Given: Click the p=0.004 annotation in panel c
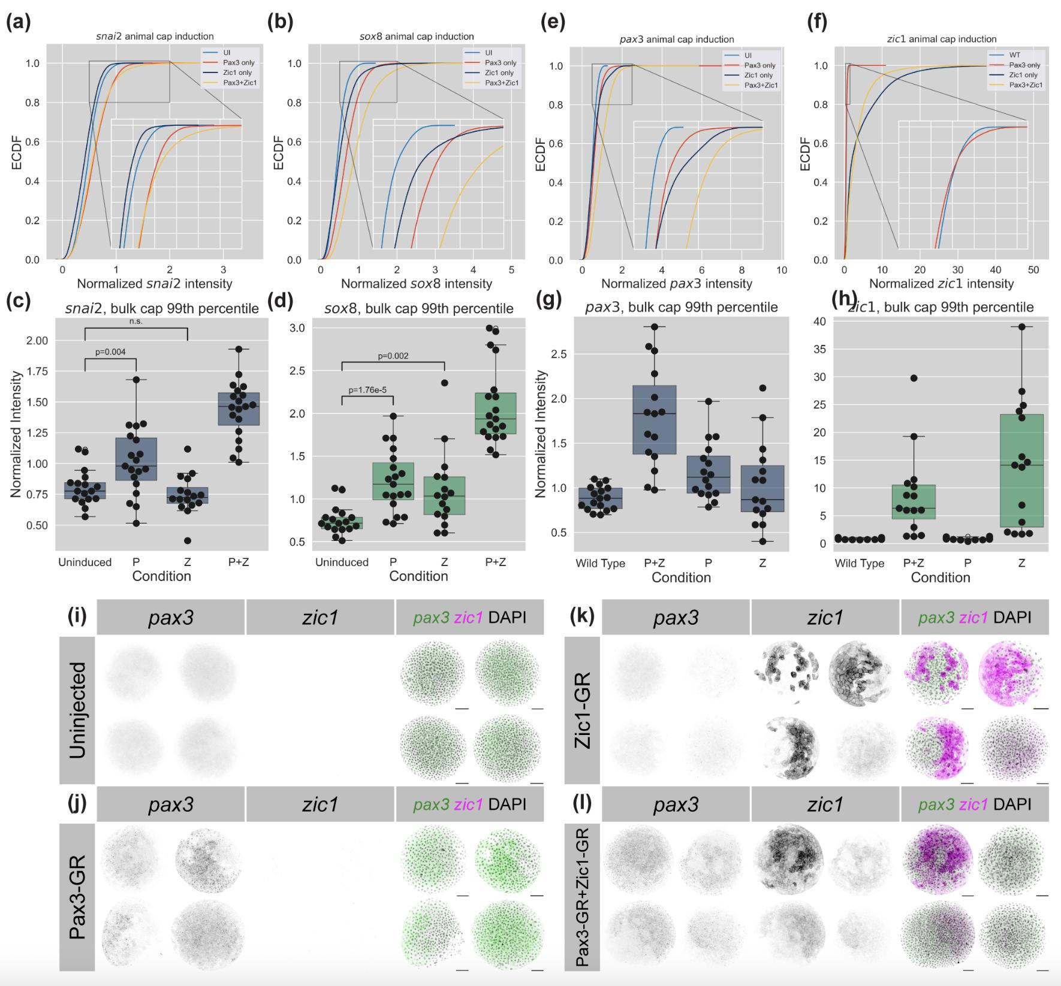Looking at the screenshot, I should [110, 352].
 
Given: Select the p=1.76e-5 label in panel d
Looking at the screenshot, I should [367, 390].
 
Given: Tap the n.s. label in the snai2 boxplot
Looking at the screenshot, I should [136, 321].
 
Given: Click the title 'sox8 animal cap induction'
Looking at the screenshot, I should [417, 37].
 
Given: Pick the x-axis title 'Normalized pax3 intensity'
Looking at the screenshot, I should [677, 283].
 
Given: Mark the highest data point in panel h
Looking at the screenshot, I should [1022, 326].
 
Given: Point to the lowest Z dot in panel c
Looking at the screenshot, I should [188, 540].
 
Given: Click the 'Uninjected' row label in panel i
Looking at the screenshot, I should [77, 710].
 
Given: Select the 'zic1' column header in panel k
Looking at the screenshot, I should [825, 617].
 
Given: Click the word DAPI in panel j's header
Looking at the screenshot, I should [507, 804].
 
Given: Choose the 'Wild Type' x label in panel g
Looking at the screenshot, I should [600, 563].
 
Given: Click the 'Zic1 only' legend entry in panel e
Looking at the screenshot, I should [758, 75].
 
